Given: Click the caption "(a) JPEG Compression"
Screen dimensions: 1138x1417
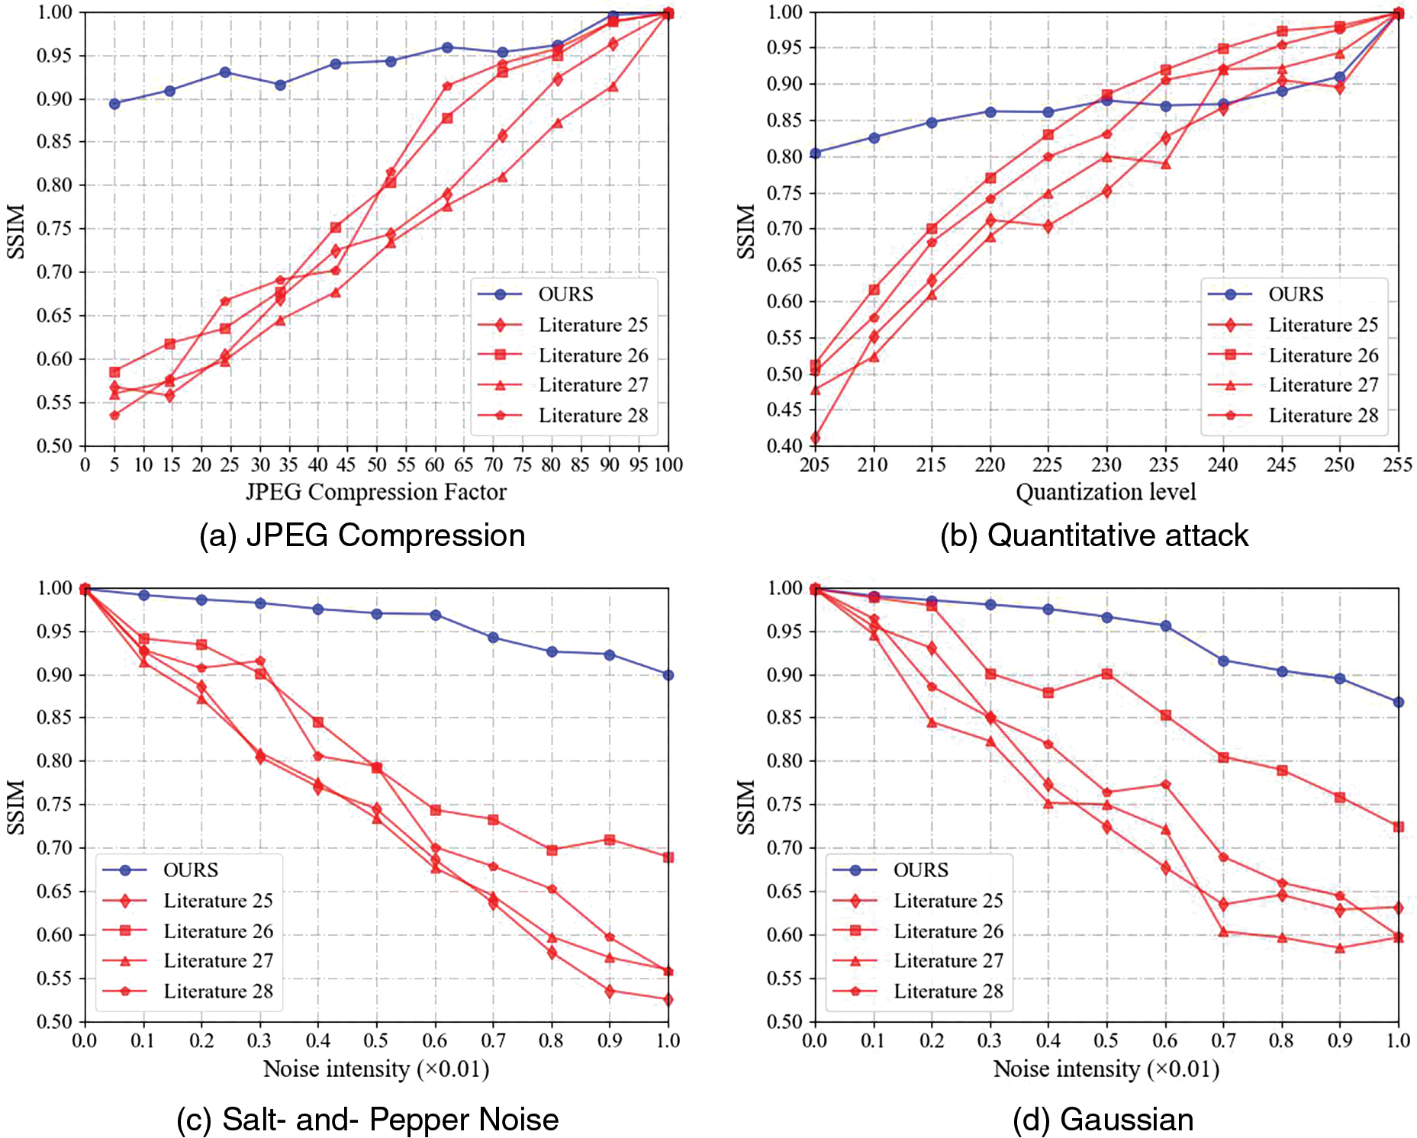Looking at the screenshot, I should pyautogui.click(x=362, y=535).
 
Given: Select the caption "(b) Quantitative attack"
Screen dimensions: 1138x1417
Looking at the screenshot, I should pyautogui.click(x=1094, y=535).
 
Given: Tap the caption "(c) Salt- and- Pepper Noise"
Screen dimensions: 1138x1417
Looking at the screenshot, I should pyautogui.click(x=367, y=1120).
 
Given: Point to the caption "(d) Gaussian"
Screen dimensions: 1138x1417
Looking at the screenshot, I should pyautogui.click(x=1103, y=1120).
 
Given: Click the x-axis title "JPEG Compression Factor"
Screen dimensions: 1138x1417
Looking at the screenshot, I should pyautogui.click(x=375, y=492).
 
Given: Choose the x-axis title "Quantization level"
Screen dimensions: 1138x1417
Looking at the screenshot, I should pyautogui.click(x=1106, y=492).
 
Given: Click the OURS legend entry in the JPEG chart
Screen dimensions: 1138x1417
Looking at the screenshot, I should pyautogui.click(x=565, y=294).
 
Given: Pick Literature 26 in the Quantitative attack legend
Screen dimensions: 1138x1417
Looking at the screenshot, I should pyautogui.click(x=1323, y=355).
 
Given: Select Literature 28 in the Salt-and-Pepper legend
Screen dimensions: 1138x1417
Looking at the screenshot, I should pyautogui.click(x=218, y=991).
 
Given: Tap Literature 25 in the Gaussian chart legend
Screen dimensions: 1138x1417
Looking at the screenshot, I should pyautogui.click(x=948, y=901).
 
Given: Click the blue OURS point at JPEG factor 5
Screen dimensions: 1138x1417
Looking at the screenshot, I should pyautogui.click(x=114, y=104).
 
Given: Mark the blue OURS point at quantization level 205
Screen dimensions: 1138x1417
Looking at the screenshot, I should pyautogui.click(x=815, y=153).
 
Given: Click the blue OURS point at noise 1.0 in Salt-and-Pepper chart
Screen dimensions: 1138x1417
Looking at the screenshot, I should pyautogui.click(x=668, y=675).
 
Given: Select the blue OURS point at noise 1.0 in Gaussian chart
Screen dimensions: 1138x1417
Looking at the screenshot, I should pyautogui.click(x=1399, y=702).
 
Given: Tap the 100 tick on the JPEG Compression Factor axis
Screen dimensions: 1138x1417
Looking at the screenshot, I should pyautogui.click(x=668, y=465).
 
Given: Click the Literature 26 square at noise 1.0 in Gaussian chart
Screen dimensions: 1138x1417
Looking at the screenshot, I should pyautogui.click(x=1399, y=827).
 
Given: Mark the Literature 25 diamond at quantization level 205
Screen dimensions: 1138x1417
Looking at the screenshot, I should pyautogui.click(x=815, y=438).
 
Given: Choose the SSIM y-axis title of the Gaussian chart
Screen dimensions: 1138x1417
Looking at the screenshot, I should pyautogui.click(x=746, y=806).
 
